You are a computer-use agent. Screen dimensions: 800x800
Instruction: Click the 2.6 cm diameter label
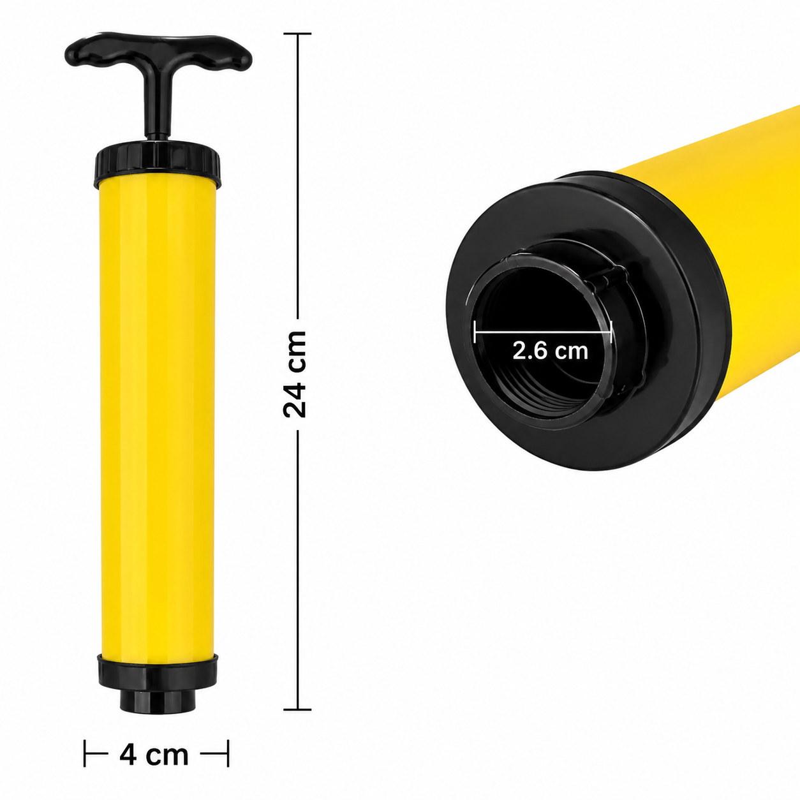[551, 351]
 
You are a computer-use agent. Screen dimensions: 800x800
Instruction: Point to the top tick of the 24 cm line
[297, 34]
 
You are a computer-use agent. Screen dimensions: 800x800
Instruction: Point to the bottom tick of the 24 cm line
[297, 709]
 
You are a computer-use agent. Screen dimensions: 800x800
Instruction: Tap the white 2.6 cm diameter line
[544, 332]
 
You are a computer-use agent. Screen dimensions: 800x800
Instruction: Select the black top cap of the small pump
[158, 164]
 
